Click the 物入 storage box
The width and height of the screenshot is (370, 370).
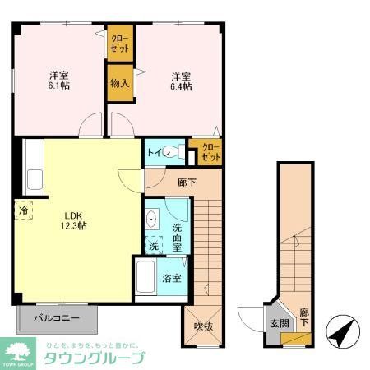pos(119,82)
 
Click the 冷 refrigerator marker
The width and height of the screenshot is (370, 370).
pos(23,210)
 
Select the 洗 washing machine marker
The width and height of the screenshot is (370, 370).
pos(154,245)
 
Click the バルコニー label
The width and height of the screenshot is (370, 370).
pos(56,317)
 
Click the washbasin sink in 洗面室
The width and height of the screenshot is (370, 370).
pos(152,220)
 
